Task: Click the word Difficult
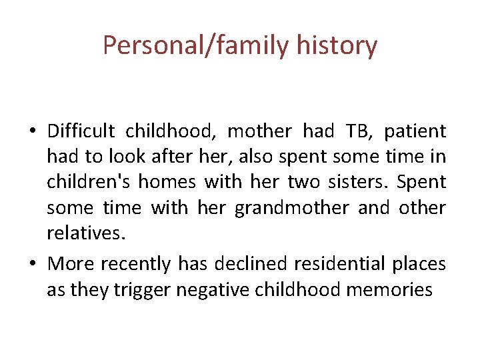[81, 131]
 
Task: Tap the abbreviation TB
[359, 131]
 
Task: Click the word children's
[88, 182]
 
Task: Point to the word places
[419, 264]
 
